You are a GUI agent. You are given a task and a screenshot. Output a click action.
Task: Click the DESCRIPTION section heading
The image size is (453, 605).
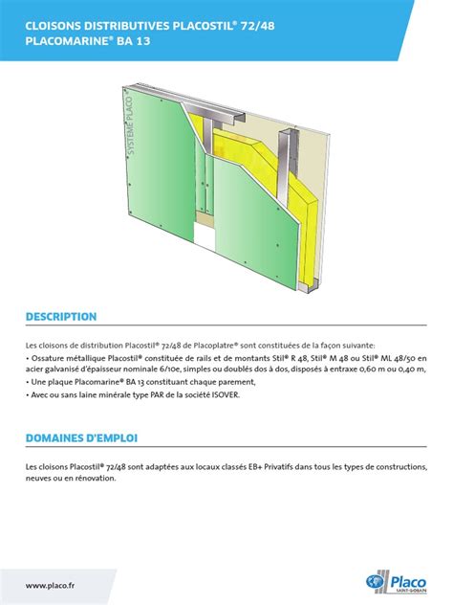[x=61, y=316]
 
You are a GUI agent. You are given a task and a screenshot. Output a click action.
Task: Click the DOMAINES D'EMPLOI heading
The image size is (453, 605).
[x=82, y=437]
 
